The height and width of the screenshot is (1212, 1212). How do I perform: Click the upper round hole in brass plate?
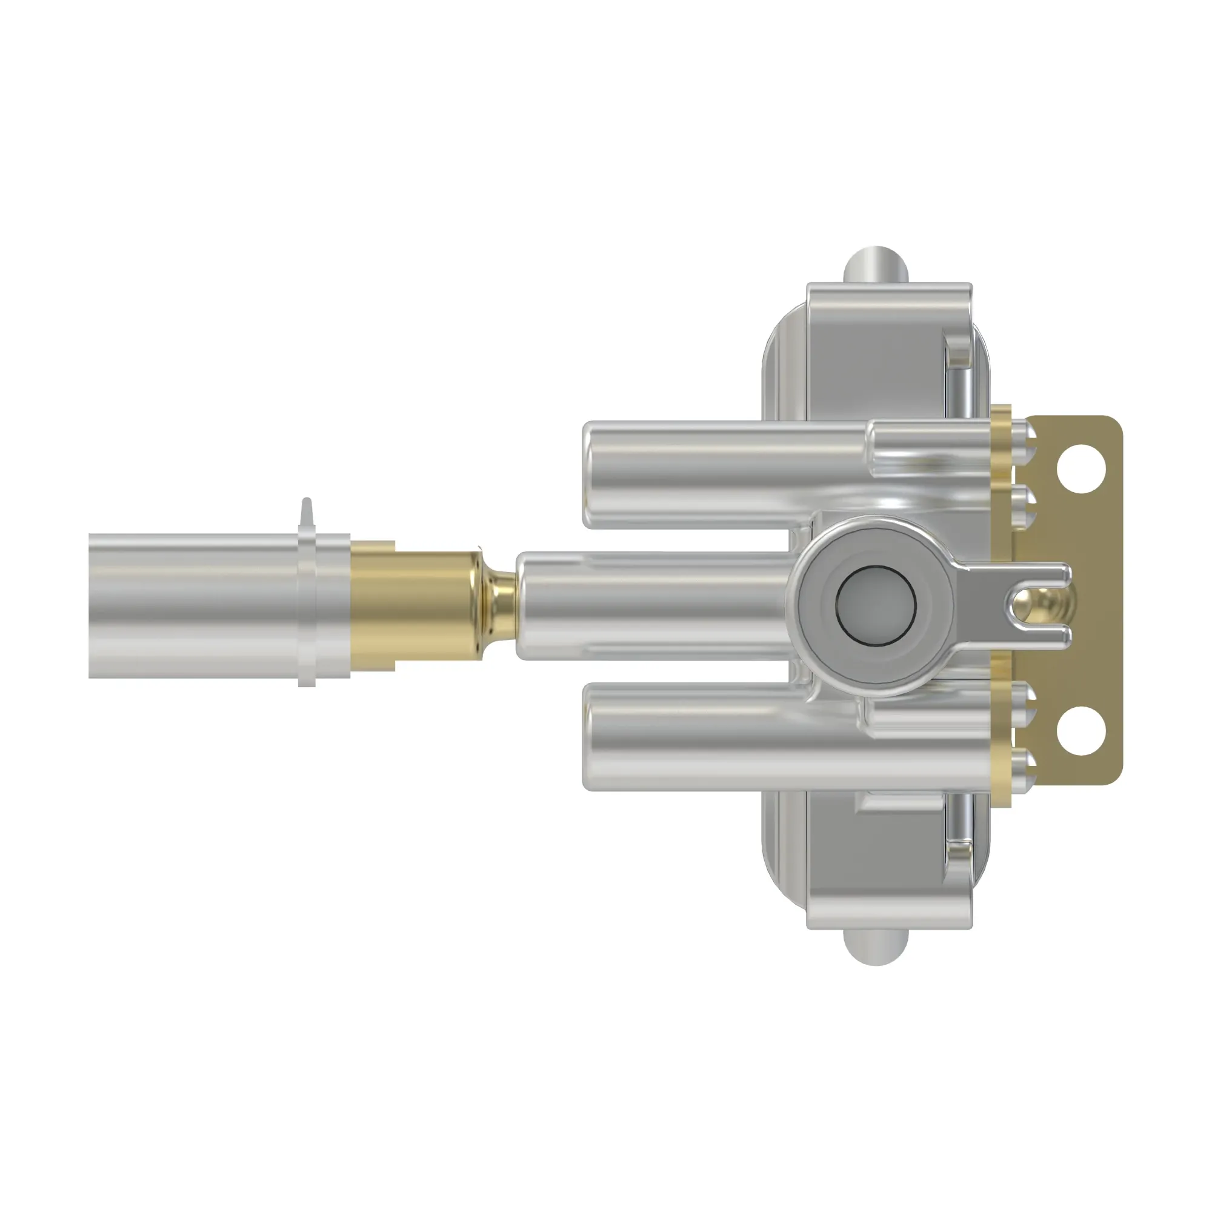[x=1080, y=468]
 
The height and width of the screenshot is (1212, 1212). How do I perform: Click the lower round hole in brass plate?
[x=1080, y=731]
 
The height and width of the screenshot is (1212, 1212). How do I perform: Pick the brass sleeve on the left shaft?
[x=414, y=605]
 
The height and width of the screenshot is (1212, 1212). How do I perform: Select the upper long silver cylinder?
[x=721, y=475]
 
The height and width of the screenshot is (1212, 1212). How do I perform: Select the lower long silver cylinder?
[x=721, y=736]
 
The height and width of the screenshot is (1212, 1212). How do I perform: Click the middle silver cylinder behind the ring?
[x=653, y=605]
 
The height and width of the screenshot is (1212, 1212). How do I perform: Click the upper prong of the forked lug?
[x=1035, y=573]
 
